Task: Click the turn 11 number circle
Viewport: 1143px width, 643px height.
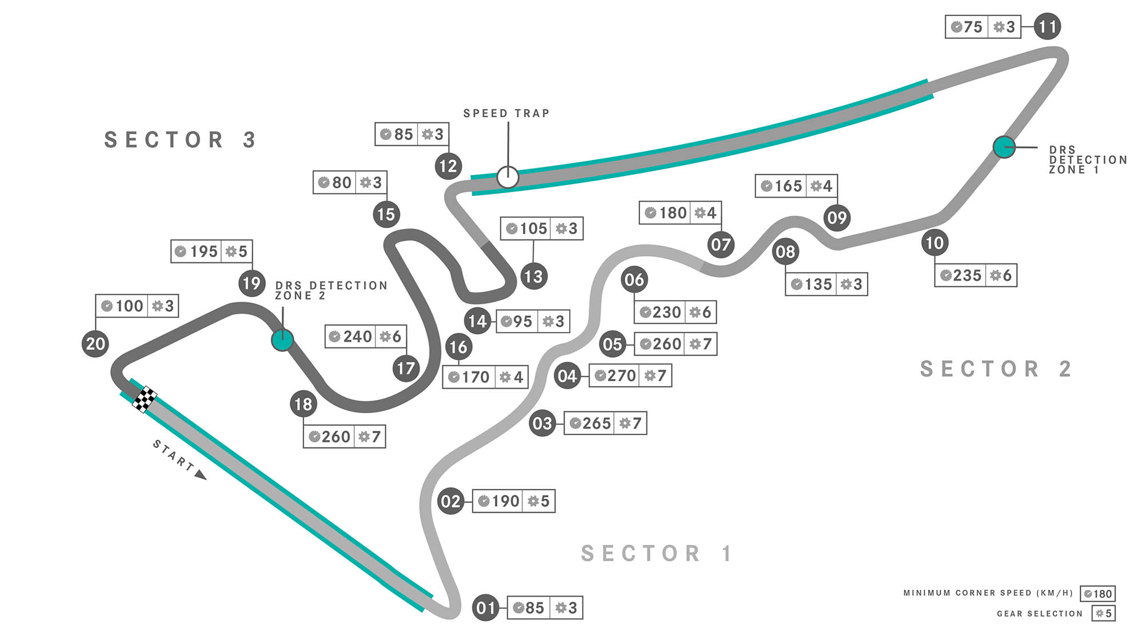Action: coord(1047,26)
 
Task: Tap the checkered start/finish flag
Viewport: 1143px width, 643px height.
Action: coord(145,399)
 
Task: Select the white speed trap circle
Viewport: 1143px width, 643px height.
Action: coord(507,177)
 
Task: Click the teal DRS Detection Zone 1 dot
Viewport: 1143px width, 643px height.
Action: coord(1004,147)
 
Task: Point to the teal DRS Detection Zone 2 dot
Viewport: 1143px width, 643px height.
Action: coord(282,340)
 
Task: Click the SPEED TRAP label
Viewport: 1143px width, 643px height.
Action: coord(506,113)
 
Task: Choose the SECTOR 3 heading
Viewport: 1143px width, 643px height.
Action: coord(180,140)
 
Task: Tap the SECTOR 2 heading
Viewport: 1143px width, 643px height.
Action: coord(996,369)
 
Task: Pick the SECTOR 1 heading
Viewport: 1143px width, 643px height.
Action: coord(656,553)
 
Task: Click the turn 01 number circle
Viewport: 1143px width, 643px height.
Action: coord(486,608)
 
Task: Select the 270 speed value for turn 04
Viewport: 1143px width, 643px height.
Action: coord(621,376)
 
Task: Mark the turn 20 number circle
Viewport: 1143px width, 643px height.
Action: coord(95,344)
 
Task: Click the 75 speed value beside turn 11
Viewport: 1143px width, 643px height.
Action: coord(972,27)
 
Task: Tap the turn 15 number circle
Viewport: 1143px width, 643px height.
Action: coord(386,214)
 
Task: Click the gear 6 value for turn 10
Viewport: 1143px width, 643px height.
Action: coord(1006,275)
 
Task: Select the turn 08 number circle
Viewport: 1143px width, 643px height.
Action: coord(785,251)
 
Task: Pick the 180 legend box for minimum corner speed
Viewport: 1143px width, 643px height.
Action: coord(1097,594)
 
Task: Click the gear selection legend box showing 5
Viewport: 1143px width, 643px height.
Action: coord(1104,613)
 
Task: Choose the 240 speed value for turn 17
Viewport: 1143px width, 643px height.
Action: coord(357,337)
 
